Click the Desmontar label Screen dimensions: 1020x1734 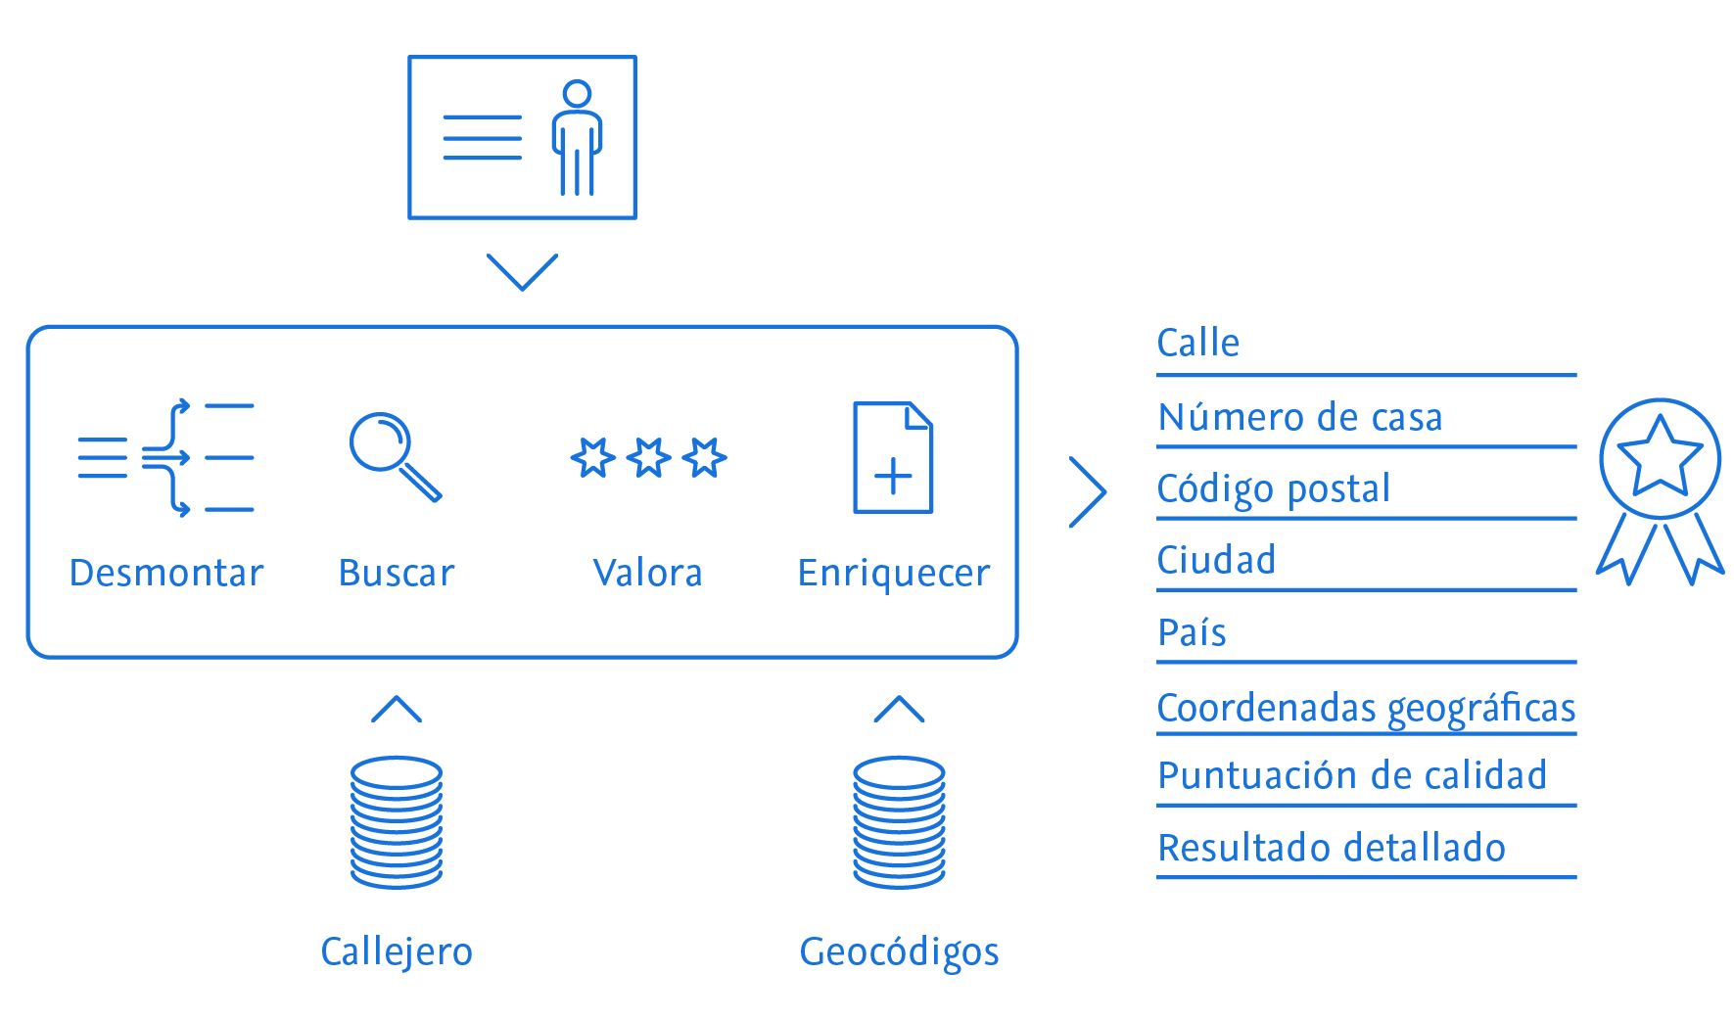(166, 573)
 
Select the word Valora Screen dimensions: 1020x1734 (648, 573)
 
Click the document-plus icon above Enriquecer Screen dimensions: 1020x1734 (893, 457)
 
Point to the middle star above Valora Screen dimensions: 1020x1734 (648, 458)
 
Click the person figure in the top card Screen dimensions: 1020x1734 (577, 137)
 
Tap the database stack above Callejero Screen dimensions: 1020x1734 (397, 822)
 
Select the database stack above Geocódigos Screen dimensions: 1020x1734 (899, 822)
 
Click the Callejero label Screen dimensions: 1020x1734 (397, 951)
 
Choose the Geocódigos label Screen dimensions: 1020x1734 (899, 951)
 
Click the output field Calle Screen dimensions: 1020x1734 (1198, 344)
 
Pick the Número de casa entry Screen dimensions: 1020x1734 (1299, 418)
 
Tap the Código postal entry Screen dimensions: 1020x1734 (1273, 489)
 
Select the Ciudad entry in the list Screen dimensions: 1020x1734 (1216, 561)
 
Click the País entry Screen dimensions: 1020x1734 (1192, 633)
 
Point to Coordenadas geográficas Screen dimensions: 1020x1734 (1366, 708)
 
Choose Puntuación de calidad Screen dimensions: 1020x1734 (1351, 776)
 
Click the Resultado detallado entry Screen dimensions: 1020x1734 (1331, 848)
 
